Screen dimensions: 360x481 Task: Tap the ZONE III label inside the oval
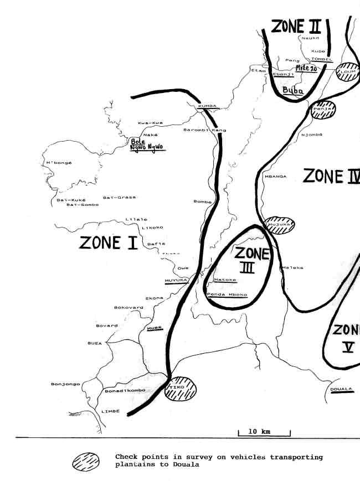click(250, 261)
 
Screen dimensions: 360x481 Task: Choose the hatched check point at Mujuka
click(279, 225)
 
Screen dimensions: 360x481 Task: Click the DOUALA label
click(341, 389)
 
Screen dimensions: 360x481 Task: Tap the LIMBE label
click(110, 411)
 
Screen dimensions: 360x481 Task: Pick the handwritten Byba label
click(292, 91)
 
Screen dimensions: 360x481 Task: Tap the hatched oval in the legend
click(86, 461)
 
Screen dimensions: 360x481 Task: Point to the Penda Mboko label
click(227, 295)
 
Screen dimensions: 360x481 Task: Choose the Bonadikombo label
click(125, 390)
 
